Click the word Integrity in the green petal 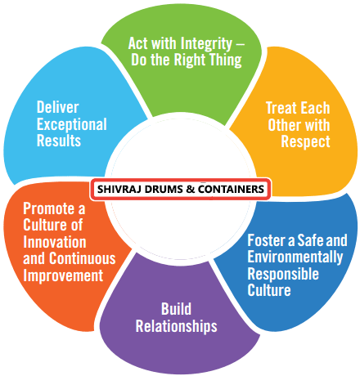(206, 44)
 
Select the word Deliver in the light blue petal (58, 107)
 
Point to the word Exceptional (72, 125)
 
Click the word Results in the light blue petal (59, 141)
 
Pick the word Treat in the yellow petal (281, 108)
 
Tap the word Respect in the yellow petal (305, 141)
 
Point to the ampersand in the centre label (190, 189)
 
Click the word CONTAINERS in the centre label (231, 189)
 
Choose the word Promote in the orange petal (49, 208)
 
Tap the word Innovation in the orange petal (55, 242)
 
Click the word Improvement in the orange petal (63, 275)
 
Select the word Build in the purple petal (176, 309)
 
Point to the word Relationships (177, 326)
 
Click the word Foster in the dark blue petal (267, 240)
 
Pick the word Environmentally (295, 257)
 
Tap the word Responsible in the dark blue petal (283, 274)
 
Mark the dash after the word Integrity (240, 44)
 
